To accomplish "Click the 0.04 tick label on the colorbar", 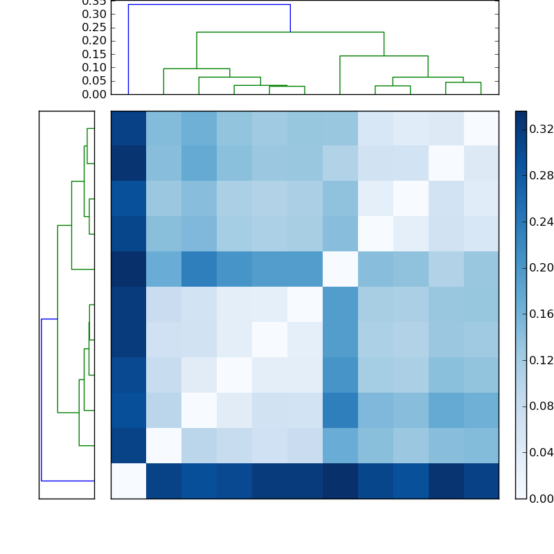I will (541, 452).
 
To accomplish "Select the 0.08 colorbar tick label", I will (541, 406).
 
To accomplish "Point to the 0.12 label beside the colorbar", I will (541, 360).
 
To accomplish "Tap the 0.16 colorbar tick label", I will (541, 314).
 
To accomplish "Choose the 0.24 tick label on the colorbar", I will (541, 222).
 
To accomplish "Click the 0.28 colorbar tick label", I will (541, 175).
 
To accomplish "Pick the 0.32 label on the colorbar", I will (541, 129).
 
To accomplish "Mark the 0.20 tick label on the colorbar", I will (541, 267).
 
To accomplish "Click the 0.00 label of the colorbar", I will (541, 498).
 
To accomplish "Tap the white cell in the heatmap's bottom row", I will (128, 481).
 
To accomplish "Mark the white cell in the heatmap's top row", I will (481, 128).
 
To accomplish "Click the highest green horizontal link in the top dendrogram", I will (290, 32).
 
